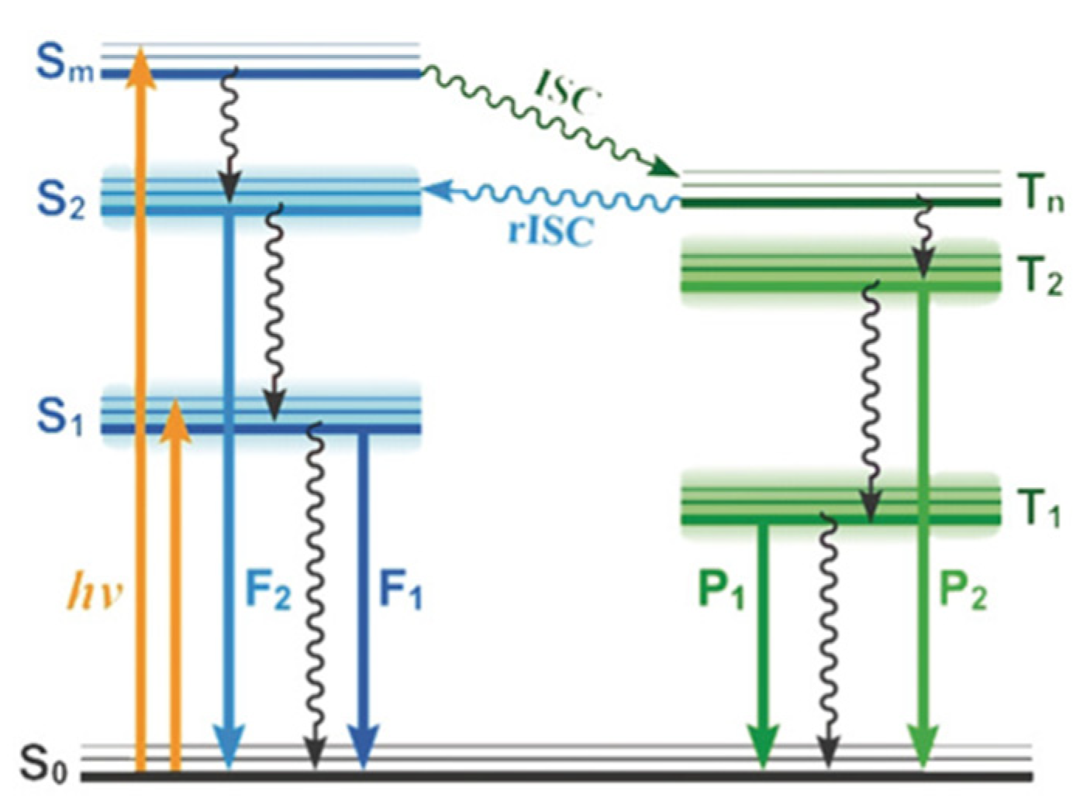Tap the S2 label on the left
pos(61,201)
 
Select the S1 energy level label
pos(60,418)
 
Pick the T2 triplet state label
pos(1039,276)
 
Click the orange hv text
pos(94,593)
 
